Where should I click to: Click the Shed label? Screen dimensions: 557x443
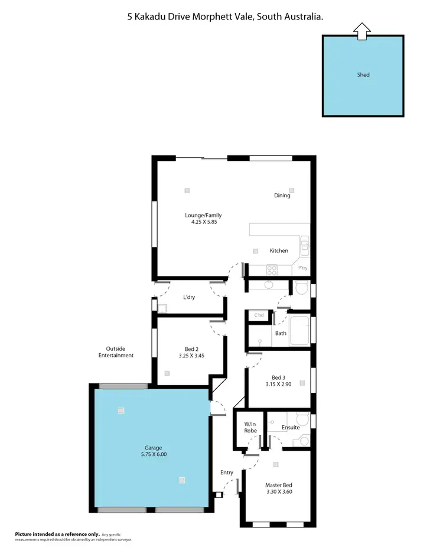tap(363, 75)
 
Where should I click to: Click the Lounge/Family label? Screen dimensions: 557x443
tap(203, 216)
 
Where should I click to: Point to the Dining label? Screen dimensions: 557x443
tap(282, 196)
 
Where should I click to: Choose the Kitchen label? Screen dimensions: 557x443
tap(279, 250)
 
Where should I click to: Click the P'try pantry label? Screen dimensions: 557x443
tap(303, 269)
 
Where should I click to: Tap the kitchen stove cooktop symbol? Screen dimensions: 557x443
tap(272, 270)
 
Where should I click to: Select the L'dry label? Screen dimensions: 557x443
tap(189, 297)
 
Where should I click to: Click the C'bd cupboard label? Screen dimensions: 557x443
tap(259, 315)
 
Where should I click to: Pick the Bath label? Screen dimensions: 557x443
tap(281, 333)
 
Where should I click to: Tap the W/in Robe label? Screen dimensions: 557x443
tap(250, 427)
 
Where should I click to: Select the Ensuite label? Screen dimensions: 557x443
tap(291, 427)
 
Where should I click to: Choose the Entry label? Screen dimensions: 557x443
tap(227, 473)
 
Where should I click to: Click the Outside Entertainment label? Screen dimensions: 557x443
tap(116, 352)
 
